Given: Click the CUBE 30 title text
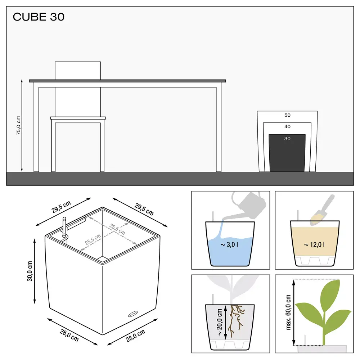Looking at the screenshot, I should (x=39, y=17).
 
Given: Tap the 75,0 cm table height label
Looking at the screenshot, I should (x=18, y=126).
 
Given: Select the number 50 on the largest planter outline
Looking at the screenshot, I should (x=287, y=116).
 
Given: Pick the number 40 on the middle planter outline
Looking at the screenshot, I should (x=287, y=127).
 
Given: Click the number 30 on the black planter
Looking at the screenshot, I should (x=287, y=139).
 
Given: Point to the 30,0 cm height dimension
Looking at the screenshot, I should (x=30, y=271).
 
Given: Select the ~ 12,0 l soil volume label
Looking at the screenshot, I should (x=314, y=245).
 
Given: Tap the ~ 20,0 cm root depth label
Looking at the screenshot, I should (x=219, y=321).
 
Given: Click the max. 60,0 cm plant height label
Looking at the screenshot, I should (x=288, y=312).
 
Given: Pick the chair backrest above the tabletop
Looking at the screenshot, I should (x=77, y=70).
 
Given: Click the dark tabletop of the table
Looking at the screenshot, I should (x=127, y=81).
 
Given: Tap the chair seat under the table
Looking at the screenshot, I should (x=78, y=118).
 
